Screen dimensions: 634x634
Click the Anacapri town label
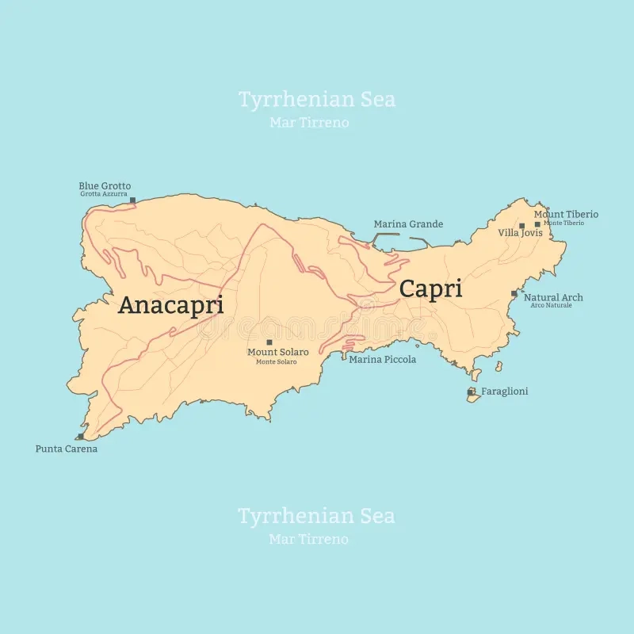[x=170, y=305]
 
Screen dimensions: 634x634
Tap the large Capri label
[x=430, y=288]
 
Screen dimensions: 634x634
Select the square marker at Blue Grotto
[x=132, y=201]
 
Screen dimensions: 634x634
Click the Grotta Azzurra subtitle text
[x=104, y=194]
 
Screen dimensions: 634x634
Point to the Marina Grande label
[x=408, y=224]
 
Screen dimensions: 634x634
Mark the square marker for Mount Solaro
[x=269, y=342]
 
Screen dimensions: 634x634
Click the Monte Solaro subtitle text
[x=277, y=362]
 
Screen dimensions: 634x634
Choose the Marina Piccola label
[x=383, y=360]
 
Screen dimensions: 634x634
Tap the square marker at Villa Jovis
[x=521, y=226]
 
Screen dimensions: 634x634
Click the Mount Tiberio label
[x=566, y=214]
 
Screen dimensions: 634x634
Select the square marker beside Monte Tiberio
[x=537, y=224]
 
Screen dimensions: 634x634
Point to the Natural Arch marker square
[x=514, y=293]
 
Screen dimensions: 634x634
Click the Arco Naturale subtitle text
[x=552, y=305]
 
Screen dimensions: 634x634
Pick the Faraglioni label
[x=505, y=391]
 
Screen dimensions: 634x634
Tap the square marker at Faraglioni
[x=472, y=391]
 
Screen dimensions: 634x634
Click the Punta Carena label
[x=67, y=449]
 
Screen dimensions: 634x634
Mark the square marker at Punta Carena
[x=80, y=437]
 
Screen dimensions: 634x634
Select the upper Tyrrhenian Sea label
[x=317, y=100]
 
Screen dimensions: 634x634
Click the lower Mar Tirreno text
[x=309, y=540]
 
